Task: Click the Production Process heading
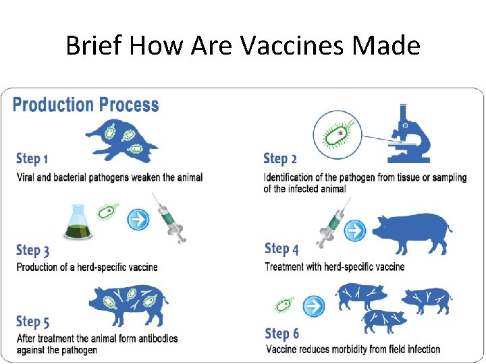click(86, 105)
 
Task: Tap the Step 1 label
click(32, 159)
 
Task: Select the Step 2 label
click(280, 159)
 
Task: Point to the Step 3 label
click(32, 251)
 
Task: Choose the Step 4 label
click(281, 249)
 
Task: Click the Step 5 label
click(32, 322)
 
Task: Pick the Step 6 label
click(282, 334)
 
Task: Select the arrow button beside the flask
click(138, 218)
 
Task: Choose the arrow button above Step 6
click(314, 305)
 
